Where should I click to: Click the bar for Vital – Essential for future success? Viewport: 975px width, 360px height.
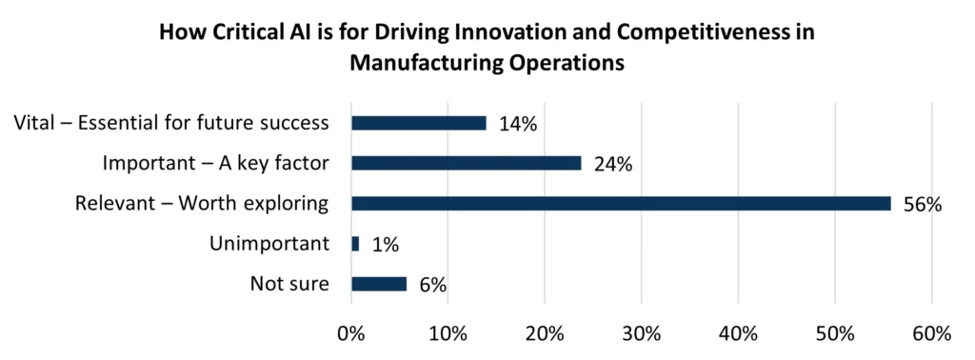[419, 123]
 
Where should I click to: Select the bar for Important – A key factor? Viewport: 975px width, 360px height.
[467, 163]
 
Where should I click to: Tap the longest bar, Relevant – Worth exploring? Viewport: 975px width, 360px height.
[621, 203]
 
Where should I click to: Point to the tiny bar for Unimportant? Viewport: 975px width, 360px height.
[355, 244]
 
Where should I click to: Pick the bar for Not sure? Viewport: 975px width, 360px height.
[379, 284]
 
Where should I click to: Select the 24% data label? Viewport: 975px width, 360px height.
[613, 164]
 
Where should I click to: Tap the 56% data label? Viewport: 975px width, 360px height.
[922, 204]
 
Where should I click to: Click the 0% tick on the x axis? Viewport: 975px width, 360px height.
[351, 334]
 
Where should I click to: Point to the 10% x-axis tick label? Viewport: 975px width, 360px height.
[448, 334]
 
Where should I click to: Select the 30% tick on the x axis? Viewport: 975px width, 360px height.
[641, 334]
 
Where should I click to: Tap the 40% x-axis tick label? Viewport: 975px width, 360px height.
[738, 334]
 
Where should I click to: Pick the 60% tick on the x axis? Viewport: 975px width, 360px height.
[931, 334]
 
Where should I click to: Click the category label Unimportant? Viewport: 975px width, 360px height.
[269, 244]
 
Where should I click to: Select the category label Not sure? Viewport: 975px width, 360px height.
[289, 284]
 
